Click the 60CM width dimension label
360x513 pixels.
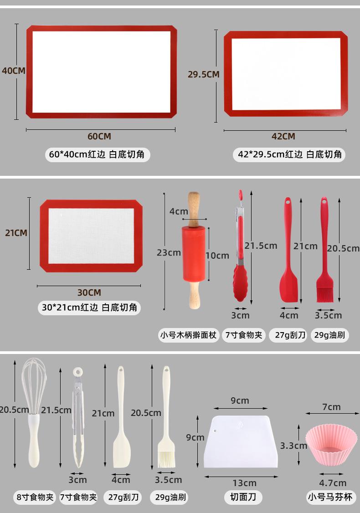point(99,136)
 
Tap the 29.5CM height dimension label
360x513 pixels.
point(203,74)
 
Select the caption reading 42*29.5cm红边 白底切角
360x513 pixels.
point(290,154)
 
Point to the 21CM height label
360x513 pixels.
point(16,233)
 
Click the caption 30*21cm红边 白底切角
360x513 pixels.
point(89,308)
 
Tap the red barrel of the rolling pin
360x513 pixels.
point(194,254)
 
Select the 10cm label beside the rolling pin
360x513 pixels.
point(217,256)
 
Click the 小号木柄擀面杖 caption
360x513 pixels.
point(188,335)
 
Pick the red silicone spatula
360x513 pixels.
point(288,250)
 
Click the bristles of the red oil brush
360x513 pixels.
point(324,294)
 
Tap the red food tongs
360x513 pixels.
point(240,246)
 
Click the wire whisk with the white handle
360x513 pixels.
point(34,413)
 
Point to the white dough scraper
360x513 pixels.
point(241,441)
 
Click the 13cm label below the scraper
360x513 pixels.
point(244,483)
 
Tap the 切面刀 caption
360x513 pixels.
point(243,497)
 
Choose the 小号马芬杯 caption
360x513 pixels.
point(330,498)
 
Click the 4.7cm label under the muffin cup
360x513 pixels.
point(333,483)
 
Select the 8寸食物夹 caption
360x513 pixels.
point(35,498)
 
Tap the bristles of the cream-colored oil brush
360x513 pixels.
point(166,459)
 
